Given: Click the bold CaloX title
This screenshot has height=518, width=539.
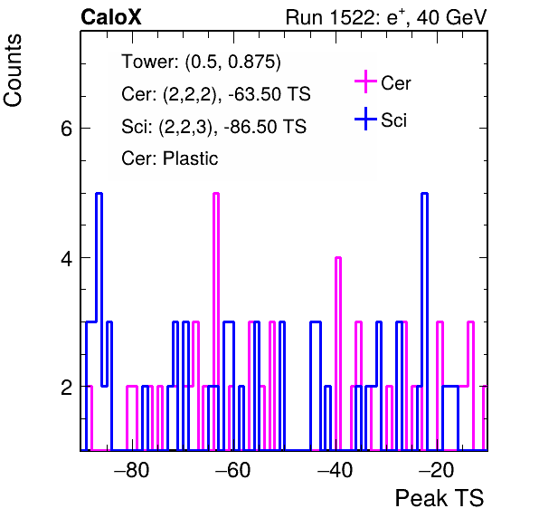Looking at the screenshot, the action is point(111,17).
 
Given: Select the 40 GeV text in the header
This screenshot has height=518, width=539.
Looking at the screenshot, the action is point(451,17).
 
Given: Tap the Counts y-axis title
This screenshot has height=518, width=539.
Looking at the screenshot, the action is point(13,71).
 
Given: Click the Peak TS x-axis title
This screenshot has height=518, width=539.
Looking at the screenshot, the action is point(440,498).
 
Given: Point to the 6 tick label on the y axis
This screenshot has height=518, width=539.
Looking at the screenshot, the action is point(66,129).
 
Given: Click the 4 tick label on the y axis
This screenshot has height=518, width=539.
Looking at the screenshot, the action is point(66,258).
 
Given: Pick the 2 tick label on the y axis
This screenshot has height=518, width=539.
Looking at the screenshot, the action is point(66,388).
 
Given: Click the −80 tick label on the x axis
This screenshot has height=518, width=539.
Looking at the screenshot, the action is point(132,470).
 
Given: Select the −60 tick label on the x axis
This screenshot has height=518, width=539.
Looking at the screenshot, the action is point(233,470).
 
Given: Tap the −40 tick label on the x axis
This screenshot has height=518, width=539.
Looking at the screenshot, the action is point(335,470).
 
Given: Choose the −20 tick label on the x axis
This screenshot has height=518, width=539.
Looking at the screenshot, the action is point(437,470).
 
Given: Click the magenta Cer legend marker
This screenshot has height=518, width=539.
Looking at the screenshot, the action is point(365,82).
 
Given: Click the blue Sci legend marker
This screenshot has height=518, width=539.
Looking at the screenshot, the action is point(365,119).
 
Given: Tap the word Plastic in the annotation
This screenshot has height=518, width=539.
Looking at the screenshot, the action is point(190,158).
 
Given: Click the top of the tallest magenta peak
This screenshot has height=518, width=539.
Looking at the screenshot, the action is point(216,194).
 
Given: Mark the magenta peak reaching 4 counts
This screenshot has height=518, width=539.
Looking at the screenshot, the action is point(338,258).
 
